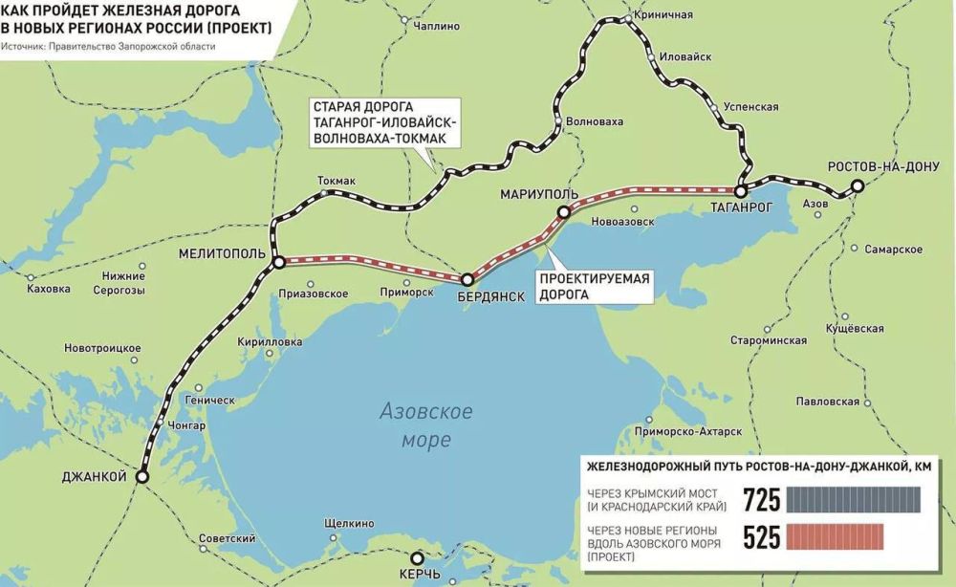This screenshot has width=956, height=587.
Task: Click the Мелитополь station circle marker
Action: [x=277, y=261]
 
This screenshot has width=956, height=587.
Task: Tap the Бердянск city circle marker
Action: [x=467, y=280]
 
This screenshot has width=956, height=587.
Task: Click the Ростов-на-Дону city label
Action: [x=884, y=164]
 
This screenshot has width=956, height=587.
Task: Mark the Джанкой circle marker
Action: [x=142, y=475]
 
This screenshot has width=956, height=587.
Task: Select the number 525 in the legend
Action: [x=762, y=538]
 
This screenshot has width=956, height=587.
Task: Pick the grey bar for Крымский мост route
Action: [x=856, y=500]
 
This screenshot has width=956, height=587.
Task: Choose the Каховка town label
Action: [x=49, y=288]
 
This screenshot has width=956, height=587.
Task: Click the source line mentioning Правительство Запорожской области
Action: [x=108, y=46]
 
